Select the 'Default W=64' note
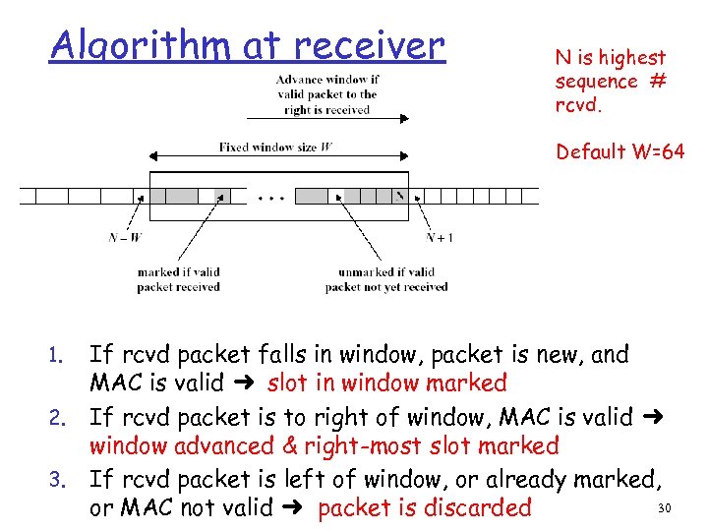click(x=619, y=151)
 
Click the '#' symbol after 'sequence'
click(x=657, y=81)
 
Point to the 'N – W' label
click(x=126, y=236)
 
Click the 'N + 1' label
click(x=439, y=236)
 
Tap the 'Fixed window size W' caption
click(x=275, y=147)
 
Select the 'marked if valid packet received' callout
click(x=178, y=279)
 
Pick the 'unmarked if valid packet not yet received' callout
click(x=385, y=279)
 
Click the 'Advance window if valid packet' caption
click(x=326, y=94)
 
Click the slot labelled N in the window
click(x=400, y=196)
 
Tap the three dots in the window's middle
click(x=271, y=197)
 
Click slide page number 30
click(x=662, y=507)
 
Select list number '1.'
click(x=58, y=355)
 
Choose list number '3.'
click(x=58, y=480)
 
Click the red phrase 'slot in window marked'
click(x=386, y=383)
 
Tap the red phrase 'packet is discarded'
click(x=425, y=508)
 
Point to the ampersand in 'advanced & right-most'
click(x=290, y=445)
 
